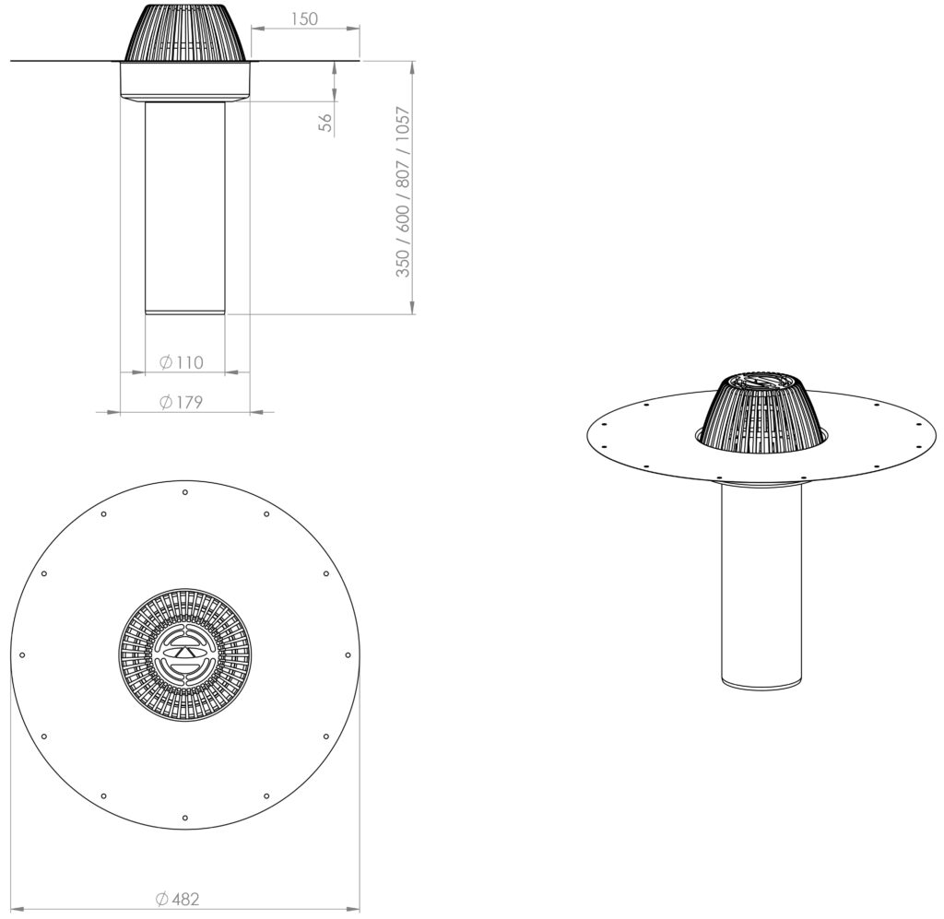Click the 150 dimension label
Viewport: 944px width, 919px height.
coord(304,18)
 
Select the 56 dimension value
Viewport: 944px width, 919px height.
coord(325,123)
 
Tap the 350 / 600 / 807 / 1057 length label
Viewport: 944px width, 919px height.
coord(402,192)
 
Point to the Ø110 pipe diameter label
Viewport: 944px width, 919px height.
coord(182,362)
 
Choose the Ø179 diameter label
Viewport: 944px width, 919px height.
coord(182,402)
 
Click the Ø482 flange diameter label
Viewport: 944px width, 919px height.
coord(177,899)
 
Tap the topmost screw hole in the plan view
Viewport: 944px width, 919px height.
coord(184,492)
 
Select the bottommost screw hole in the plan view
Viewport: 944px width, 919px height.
coord(184,818)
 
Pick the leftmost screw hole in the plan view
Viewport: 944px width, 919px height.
coord(22,654)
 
